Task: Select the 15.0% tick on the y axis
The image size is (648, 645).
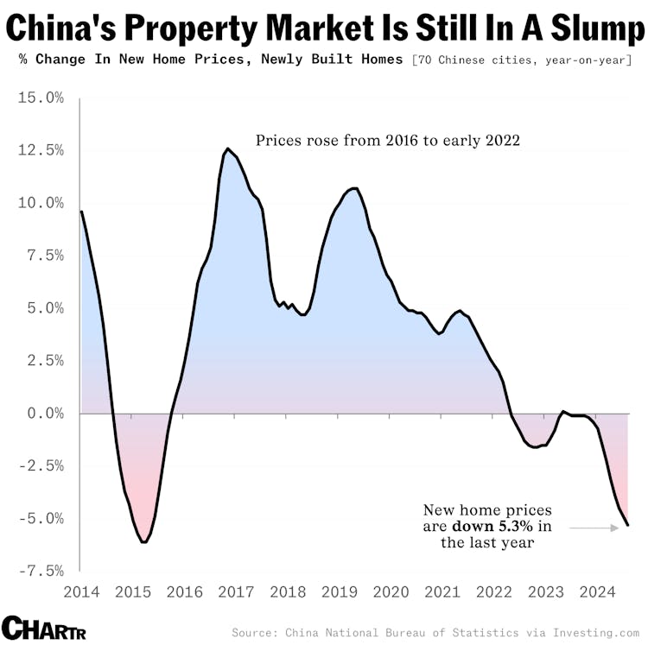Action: pyautogui.click(x=41, y=98)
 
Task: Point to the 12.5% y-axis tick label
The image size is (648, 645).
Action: pyautogui.click(x=41, y=150)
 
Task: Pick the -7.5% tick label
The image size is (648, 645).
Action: pyautogui.click(x=41, y=571)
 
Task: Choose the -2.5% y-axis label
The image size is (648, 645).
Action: pyautogui.click(x=41, y=466)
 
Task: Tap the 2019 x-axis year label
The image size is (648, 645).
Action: pyautogui.click(x=339, y=591)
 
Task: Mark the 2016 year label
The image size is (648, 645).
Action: pyautogui.click(x=184, y=591)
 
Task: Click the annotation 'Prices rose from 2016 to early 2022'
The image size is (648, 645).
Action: pyautogui.click(x=387, y=141)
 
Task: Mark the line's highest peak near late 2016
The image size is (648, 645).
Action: pyautogui.click(x=227, y=149)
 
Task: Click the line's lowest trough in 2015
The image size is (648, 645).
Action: pyautogui.click(x=143, y=542)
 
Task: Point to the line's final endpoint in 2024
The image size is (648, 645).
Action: pyautogui.click(x=628, y=525)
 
